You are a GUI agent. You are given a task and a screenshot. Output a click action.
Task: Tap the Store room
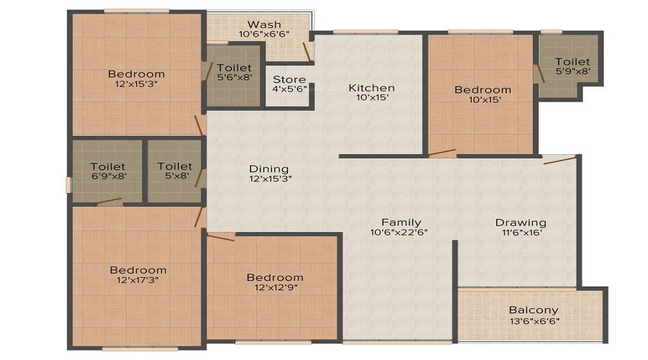289,84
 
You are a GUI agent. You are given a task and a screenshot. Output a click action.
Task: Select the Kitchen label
372,88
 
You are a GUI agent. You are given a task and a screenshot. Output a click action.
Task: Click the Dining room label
269,168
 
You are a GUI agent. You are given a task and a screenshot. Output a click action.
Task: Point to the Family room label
401,222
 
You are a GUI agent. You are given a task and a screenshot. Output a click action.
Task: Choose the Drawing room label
521,222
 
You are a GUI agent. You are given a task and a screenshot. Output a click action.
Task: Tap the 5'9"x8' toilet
572,67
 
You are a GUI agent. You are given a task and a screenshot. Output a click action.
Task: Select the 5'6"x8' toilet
234,73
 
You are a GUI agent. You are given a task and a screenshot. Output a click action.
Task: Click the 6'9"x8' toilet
108,171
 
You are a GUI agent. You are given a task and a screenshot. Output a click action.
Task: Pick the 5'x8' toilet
175,171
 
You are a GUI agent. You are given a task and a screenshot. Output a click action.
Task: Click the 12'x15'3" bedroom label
136,73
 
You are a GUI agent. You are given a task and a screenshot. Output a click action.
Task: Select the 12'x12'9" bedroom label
274,277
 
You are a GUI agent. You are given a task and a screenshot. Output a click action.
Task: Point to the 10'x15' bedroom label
482,90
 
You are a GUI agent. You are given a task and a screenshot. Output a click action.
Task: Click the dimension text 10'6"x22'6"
401,233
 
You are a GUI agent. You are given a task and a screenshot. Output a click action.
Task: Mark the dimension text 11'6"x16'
521,233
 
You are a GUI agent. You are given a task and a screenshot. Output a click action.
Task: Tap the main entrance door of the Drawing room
560,160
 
